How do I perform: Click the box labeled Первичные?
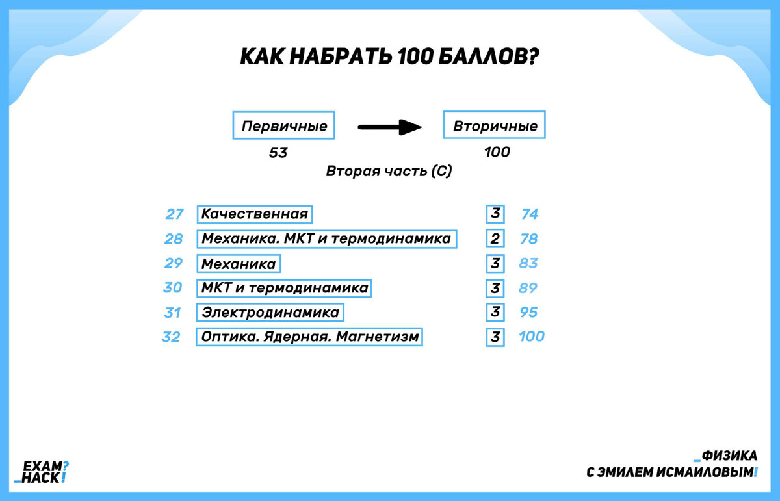[284, 126]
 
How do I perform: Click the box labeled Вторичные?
[495, 126]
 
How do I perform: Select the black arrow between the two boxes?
[390, 127]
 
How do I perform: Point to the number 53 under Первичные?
[278, 153]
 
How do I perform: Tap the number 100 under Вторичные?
[497, 153]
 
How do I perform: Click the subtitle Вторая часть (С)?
[389, 172]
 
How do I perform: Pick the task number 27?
[174, 214]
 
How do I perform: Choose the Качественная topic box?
[254, 214]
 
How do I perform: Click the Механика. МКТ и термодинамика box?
[326, 239]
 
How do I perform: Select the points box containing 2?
[495, 239]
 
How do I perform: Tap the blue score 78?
[529, 239]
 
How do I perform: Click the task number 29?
[174, 264]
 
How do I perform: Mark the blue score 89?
[529, 288]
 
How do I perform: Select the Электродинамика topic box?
[270, 313]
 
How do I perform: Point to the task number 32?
[171, 337]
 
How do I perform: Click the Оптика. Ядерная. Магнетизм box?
[310, 337]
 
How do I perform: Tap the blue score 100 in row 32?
[532, 337]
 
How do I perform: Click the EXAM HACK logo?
[45, 472]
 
